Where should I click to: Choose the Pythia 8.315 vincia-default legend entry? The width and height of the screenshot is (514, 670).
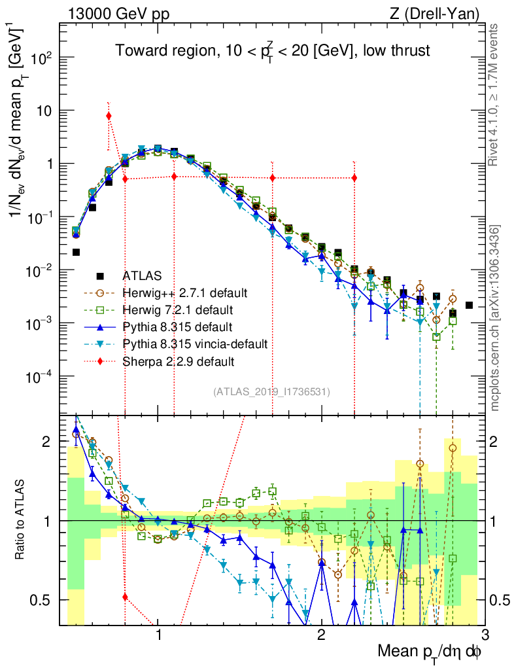(x=186, y=343)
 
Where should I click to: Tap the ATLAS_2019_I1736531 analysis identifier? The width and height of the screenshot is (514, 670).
(x=271, y=392)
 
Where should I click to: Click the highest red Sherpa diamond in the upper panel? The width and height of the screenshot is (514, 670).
(x=109, y=116)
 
